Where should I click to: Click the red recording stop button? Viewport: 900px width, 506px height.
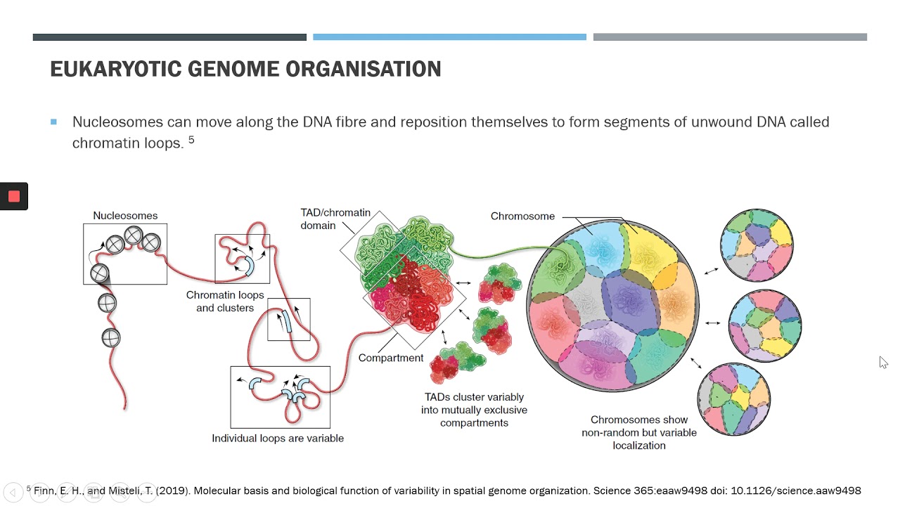pos(14,197)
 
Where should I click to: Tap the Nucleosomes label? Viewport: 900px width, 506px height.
pos(125,216)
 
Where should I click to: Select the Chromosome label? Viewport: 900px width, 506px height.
pos(522,216)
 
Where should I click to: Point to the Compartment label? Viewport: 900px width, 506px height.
pos(391,358)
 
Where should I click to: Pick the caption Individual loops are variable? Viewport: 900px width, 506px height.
pos(278,438)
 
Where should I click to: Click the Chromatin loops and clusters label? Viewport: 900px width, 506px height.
pos(225,301)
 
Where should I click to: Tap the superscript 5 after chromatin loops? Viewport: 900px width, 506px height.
pos(191,140)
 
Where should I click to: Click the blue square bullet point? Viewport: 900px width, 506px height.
pos(54,122)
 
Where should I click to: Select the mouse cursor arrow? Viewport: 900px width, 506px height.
pos(883,362)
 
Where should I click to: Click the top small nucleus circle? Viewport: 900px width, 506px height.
pos(757,245)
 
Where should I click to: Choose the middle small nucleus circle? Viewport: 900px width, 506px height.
pos(765,325)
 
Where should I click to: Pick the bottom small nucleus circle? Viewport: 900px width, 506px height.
pos(734,398)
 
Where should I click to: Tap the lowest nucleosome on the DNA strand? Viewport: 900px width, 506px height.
pos(110,338)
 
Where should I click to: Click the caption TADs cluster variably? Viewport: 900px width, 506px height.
pos(474,410)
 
